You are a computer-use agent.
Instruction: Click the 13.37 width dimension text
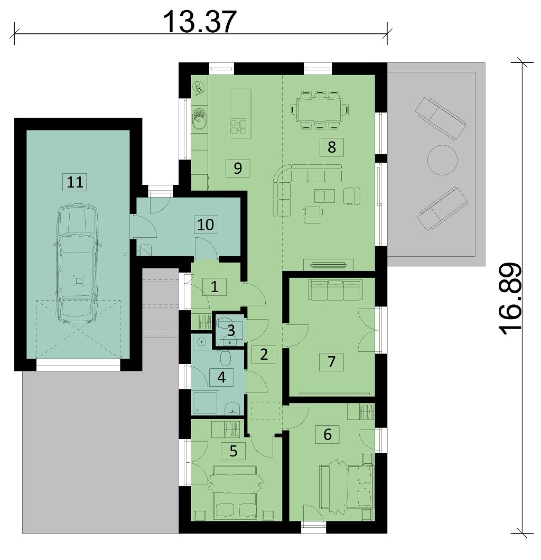click(200, 22)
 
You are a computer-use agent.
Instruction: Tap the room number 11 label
click(75, 182)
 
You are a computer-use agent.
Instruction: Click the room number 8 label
click(331, 147)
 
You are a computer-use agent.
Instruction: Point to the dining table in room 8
click(320, 109)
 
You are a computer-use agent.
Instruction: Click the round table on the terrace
click(442, 160)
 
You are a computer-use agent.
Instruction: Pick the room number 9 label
click(238, 168)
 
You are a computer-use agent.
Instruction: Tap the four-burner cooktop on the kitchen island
click(239, 126)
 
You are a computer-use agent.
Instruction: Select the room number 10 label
click(206, 225)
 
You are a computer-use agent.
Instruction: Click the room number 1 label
click(214, 286)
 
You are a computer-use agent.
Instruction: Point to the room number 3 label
click(231, 330)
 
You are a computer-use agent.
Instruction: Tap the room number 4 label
click(221, 377)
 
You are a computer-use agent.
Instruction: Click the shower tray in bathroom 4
click(205, 403)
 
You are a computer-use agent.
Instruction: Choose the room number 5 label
click(233, 451)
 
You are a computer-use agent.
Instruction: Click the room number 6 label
click(327, 435)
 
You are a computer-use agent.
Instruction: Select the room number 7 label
click(331, 362)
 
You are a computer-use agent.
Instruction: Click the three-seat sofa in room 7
click(335, 290)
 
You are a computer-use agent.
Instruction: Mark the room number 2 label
click(264, 354)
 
